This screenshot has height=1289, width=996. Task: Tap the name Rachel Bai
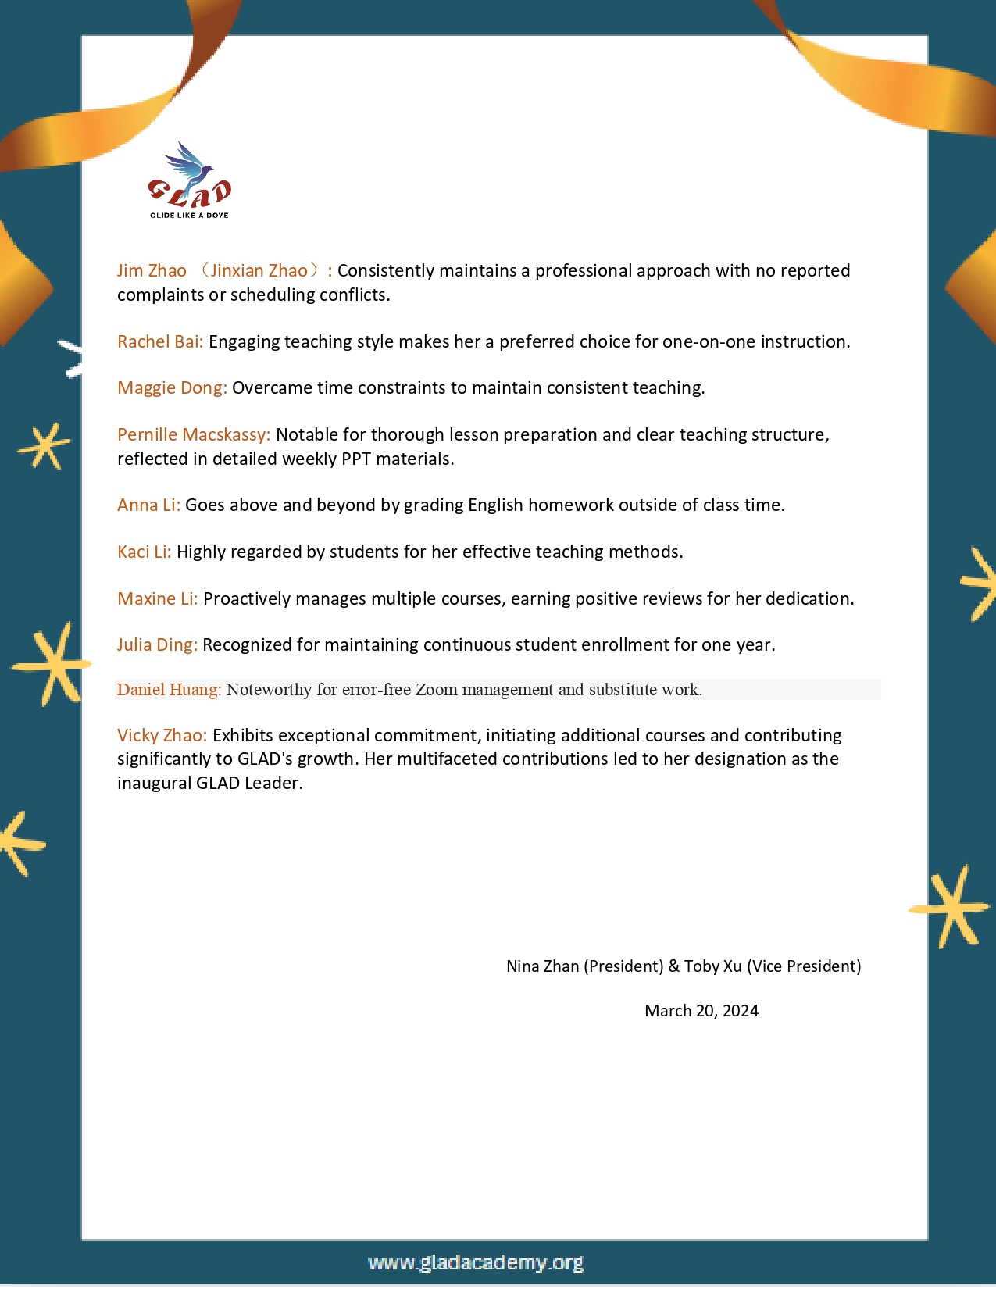159,341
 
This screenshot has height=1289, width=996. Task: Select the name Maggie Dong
172,387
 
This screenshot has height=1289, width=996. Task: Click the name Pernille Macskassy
193,434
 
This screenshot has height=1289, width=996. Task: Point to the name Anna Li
148,505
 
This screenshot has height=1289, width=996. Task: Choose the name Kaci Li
144,552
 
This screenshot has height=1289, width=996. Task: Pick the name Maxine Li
157,598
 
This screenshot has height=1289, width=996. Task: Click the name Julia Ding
156,644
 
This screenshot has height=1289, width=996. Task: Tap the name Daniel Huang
169,690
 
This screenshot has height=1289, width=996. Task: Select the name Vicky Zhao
162,735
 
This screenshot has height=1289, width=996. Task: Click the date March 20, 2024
701,1011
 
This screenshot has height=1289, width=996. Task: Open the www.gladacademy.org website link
476,1262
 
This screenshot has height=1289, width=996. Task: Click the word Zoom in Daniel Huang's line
436,690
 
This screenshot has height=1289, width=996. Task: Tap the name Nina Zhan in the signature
542,966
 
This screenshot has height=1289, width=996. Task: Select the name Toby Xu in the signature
712,966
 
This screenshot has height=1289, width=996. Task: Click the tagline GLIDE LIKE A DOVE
189,215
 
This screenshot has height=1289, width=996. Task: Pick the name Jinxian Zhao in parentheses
259,270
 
